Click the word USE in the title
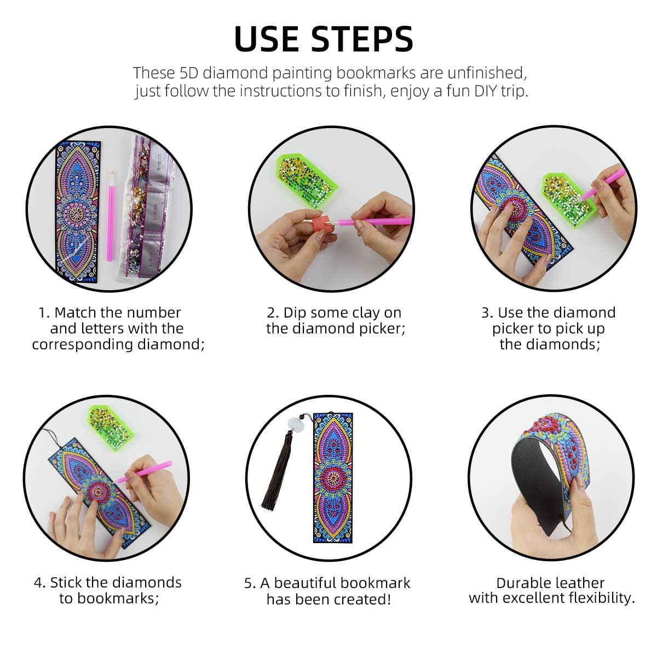coord(267,39)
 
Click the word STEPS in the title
coord(362,39)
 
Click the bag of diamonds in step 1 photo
coord(145,208)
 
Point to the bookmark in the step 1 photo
coord(78,211)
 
